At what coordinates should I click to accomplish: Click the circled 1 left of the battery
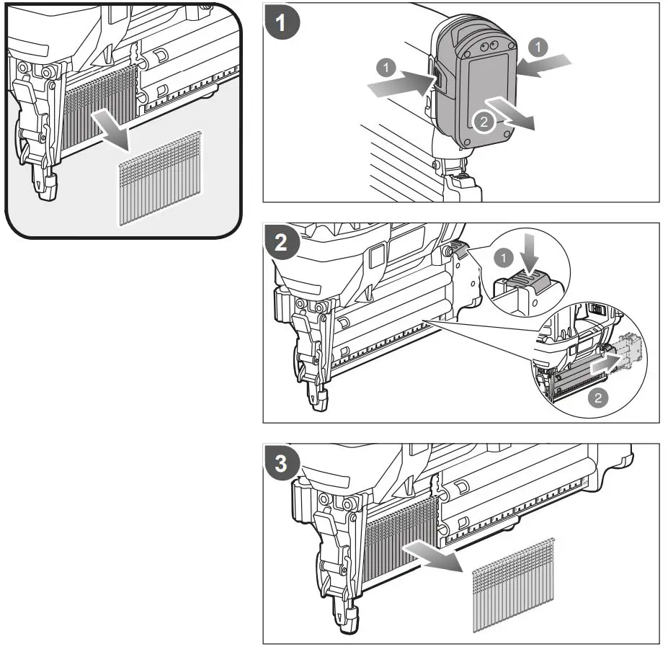(387, 68)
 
